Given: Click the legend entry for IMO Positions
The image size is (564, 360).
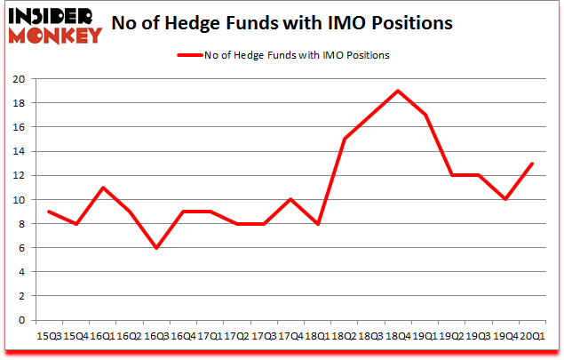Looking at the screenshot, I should point(284,55).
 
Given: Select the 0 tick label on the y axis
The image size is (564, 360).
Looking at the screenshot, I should point(21,320).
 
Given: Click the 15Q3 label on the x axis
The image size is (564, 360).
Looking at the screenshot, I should point(49,336).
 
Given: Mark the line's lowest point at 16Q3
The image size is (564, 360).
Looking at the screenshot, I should point(156,248).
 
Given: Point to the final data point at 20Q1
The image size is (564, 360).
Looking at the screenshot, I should point(532,163).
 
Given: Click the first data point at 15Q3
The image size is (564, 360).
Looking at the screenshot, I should point(49,212).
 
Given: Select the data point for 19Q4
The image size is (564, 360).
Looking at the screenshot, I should point(505,199).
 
